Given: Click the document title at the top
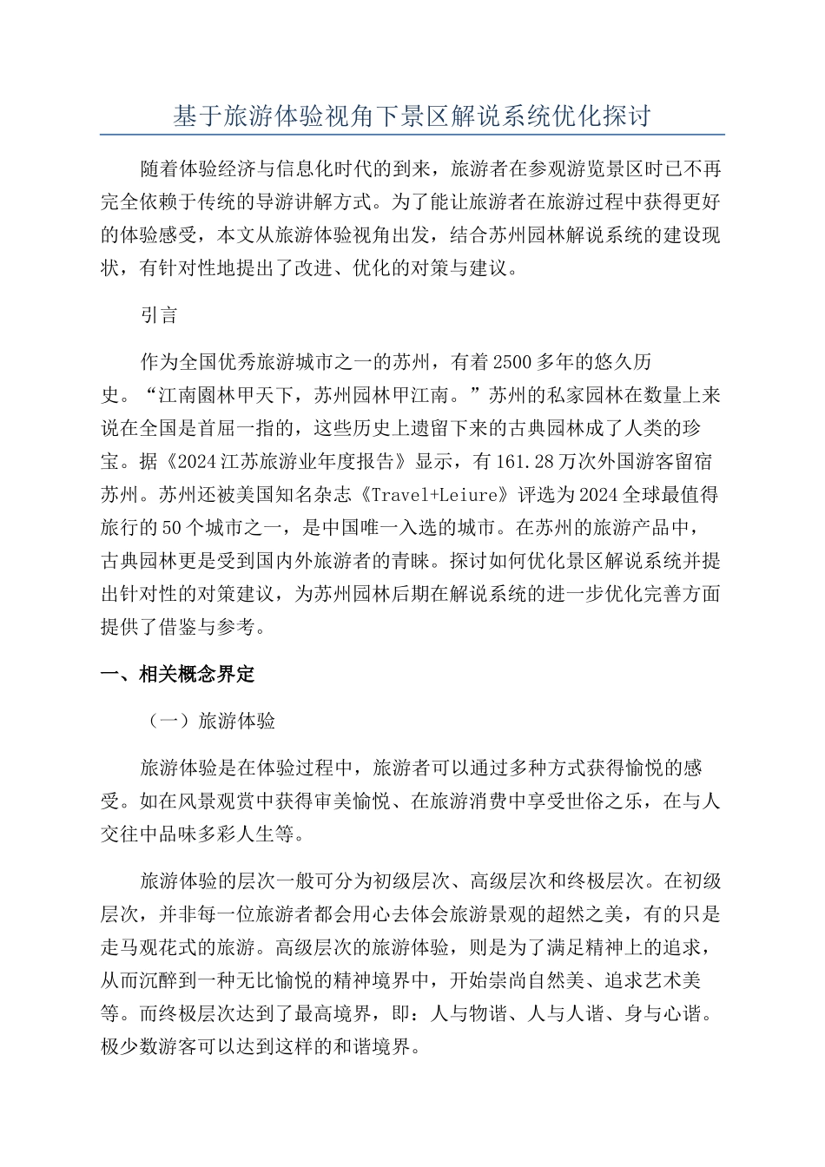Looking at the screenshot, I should (x=412, y=116).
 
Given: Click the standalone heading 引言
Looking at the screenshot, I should (x=159, y=315).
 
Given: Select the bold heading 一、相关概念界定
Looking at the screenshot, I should (x=178, y=674).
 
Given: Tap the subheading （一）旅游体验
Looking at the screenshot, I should (x=208, y=721).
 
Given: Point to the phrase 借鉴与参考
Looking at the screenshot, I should (x=216, y=628).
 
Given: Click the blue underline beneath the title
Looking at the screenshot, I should (x=412, y=135).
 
